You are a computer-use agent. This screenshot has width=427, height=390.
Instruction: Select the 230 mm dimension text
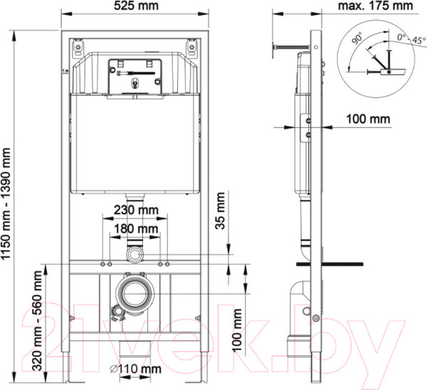click(135, 211)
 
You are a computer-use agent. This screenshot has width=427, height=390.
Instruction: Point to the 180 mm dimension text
click(135, 228)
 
